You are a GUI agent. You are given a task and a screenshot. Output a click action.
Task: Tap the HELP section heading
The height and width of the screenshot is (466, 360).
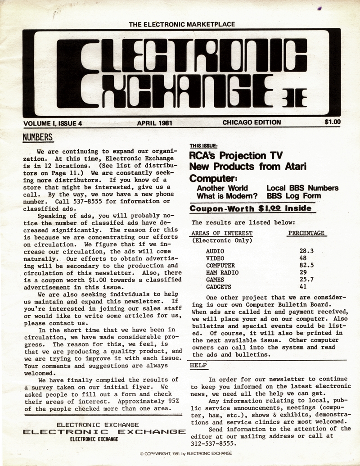198,365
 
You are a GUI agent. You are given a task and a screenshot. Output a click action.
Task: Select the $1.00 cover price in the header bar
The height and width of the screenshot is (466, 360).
332,122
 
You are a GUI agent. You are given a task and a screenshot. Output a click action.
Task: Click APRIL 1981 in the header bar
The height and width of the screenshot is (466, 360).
155,122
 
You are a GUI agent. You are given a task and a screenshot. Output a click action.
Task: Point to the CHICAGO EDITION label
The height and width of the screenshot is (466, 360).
252,122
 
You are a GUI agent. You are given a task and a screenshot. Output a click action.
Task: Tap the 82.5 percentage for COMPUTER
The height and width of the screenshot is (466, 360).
306,266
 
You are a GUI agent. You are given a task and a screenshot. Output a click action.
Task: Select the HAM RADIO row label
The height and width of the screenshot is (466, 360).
222,273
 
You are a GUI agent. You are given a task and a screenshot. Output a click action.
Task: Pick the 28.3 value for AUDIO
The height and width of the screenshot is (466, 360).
306,251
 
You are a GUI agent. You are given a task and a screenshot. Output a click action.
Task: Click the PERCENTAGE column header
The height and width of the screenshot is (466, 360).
306,233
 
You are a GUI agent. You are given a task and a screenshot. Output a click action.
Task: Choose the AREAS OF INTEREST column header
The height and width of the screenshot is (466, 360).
222,233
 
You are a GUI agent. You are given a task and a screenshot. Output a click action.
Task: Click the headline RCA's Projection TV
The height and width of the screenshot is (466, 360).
236,156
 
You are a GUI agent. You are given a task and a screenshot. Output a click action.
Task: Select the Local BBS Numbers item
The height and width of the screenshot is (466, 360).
302,188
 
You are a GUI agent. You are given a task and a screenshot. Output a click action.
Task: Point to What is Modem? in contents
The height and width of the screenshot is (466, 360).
227,196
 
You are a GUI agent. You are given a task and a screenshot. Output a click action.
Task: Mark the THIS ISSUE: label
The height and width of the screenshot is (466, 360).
203,146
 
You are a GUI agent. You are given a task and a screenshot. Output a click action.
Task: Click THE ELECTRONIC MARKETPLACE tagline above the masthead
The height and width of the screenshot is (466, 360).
182,24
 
